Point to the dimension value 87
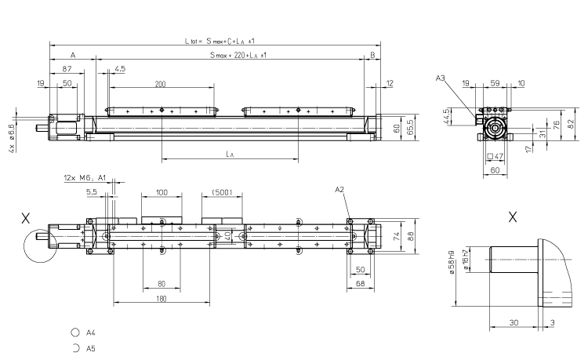tap(67, 70)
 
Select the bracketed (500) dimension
tap(223, 191)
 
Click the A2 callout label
tap(339, 190)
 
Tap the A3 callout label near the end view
tap(441, 78)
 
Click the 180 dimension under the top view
tap(161, 299)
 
